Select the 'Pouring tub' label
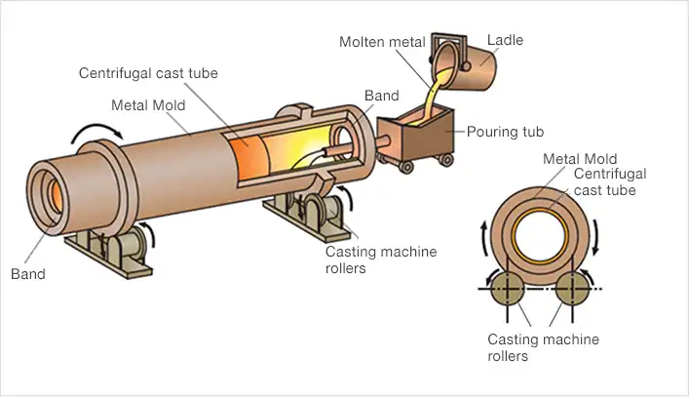tap(504, 131)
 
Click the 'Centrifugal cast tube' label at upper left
tap(148, 73)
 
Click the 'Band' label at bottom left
tap(27, 274)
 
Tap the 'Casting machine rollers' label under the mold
tap(380, 259)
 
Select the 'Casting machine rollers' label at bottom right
tap(543, 347)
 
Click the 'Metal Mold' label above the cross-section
tap(580, 159)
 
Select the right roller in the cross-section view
tap(571, 290)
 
